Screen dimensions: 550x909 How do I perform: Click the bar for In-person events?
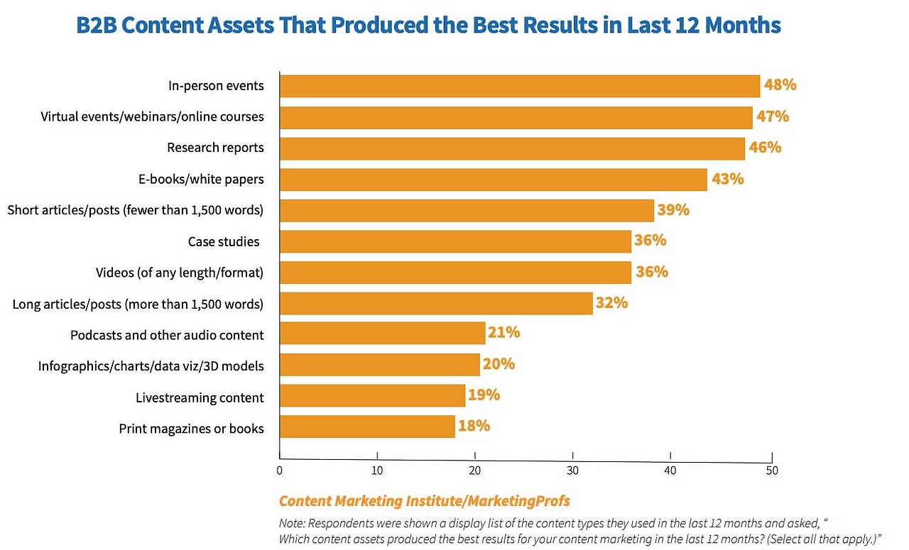tap(519, 86)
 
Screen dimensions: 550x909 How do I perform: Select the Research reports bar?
tap(512, 148)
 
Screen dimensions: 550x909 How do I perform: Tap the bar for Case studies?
tap(455, 241)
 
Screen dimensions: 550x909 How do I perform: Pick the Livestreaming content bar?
tap(372, 395)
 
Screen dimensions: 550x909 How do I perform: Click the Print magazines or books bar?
tap(367, 427)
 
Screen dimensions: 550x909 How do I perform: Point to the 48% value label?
tap(780, 85)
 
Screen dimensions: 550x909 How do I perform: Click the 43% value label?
tap(727, 179)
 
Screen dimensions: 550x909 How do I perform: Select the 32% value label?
tap(611, 303)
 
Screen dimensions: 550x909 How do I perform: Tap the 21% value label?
tap(504, 333)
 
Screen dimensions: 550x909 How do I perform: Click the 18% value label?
tap(474, 426)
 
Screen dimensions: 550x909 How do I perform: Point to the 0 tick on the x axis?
tap(279, 471)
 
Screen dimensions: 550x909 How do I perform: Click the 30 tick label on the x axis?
tap(572, 471)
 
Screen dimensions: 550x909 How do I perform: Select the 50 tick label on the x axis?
tap(771, 471)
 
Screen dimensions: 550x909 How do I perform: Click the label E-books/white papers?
tap(201, 179)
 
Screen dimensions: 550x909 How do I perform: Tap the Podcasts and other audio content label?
tap(167, 335)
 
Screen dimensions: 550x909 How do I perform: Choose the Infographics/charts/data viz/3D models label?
tap(151, 366)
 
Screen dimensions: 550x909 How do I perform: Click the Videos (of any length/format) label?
tap(180, 273)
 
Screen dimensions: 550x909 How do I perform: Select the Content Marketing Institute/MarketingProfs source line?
tap(424, 501)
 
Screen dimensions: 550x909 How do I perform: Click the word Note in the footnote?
tap(291, 523)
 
